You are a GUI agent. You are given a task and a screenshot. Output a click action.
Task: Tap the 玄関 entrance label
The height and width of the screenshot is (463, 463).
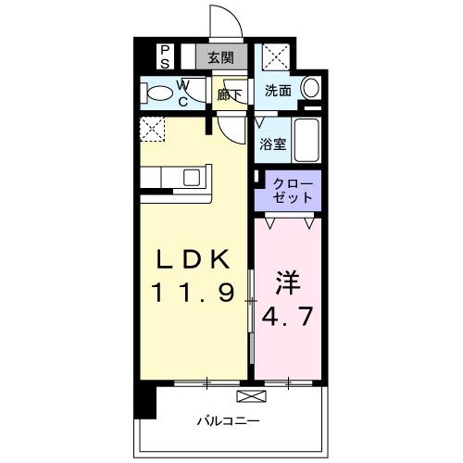click(220, 56)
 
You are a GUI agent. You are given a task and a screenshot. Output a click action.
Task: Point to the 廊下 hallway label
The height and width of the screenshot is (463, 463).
click(229, 93)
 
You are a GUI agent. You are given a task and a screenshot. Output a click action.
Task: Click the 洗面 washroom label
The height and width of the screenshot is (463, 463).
click(278, 92)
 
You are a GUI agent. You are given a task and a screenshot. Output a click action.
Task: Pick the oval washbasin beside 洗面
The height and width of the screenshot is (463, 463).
click(312, 90)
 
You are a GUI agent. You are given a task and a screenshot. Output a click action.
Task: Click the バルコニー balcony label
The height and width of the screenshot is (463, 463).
click(227, 421)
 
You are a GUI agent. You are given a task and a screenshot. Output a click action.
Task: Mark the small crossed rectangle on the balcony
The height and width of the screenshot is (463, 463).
click(250, 396)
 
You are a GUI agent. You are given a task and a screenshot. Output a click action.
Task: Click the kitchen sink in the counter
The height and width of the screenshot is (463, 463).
click(193, 177)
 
